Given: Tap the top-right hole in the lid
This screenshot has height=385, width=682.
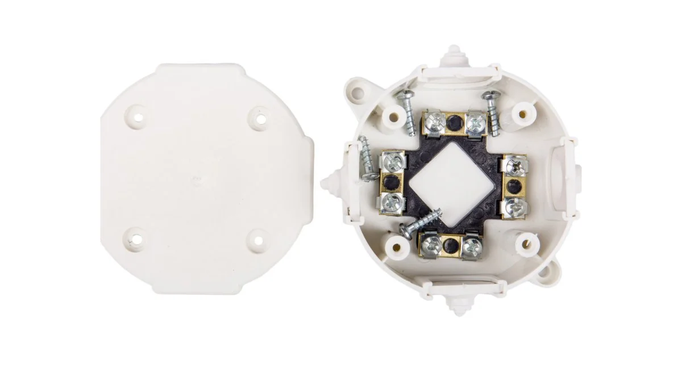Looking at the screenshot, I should pos(259,119).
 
